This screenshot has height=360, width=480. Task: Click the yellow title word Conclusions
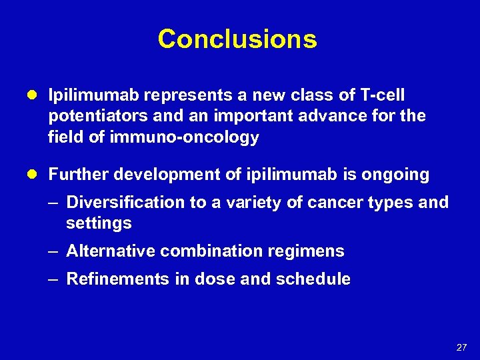[x=237, y=39]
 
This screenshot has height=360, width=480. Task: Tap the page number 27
[x=461, y=347]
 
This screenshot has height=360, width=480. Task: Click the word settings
[x=99, y=223]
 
